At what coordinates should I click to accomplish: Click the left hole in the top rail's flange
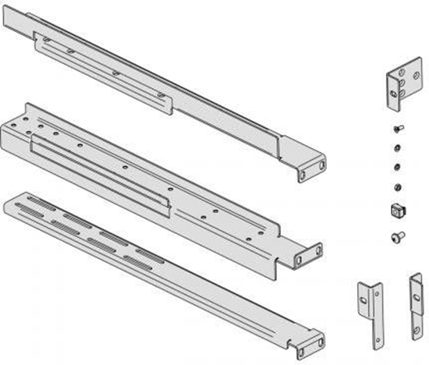(303, 175)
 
